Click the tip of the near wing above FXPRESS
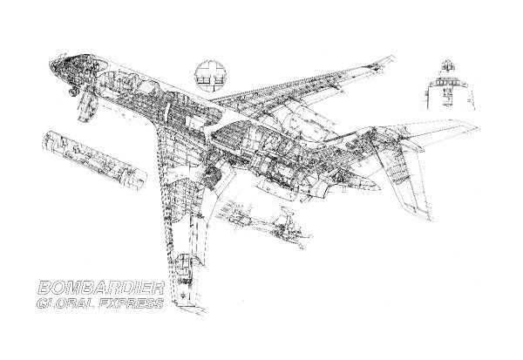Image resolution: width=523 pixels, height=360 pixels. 184,302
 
